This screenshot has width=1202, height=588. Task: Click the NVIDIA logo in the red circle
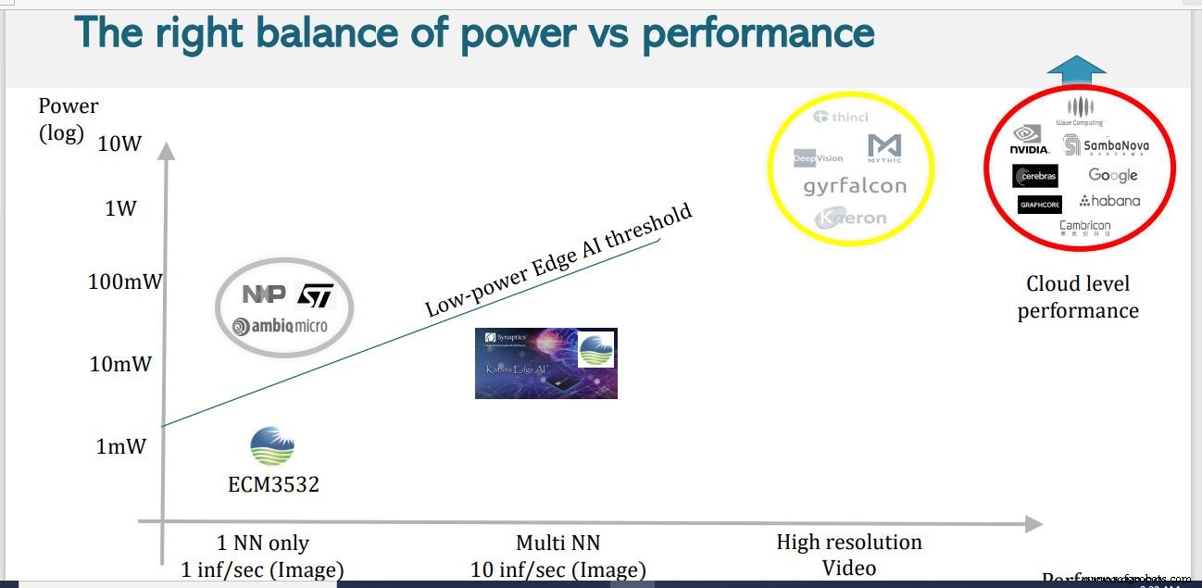point(1030,141)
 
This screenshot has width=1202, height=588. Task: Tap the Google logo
point(1112,175)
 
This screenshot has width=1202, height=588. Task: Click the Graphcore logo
point(1039,205)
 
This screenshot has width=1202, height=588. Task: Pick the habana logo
point(1109,201)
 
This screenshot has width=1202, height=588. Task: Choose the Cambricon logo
point(1084,227)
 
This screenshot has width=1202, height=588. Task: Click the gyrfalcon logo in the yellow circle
point(854,186)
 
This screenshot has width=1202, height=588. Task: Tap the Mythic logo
point(884,148)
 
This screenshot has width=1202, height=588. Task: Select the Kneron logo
point(851,219)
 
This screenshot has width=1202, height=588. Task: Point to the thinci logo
point(841,117)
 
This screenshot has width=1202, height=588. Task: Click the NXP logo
point(264,294)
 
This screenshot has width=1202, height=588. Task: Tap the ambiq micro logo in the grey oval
point(280,326)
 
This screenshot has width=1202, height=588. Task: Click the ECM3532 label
point(273,484)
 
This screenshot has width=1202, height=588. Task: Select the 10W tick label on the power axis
point(119,144)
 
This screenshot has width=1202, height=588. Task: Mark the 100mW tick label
point(124,281)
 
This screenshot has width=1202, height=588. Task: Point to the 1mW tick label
point(121,446)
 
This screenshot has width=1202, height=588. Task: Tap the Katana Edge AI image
point(545,363)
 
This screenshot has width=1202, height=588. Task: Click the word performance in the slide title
point(758,33)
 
